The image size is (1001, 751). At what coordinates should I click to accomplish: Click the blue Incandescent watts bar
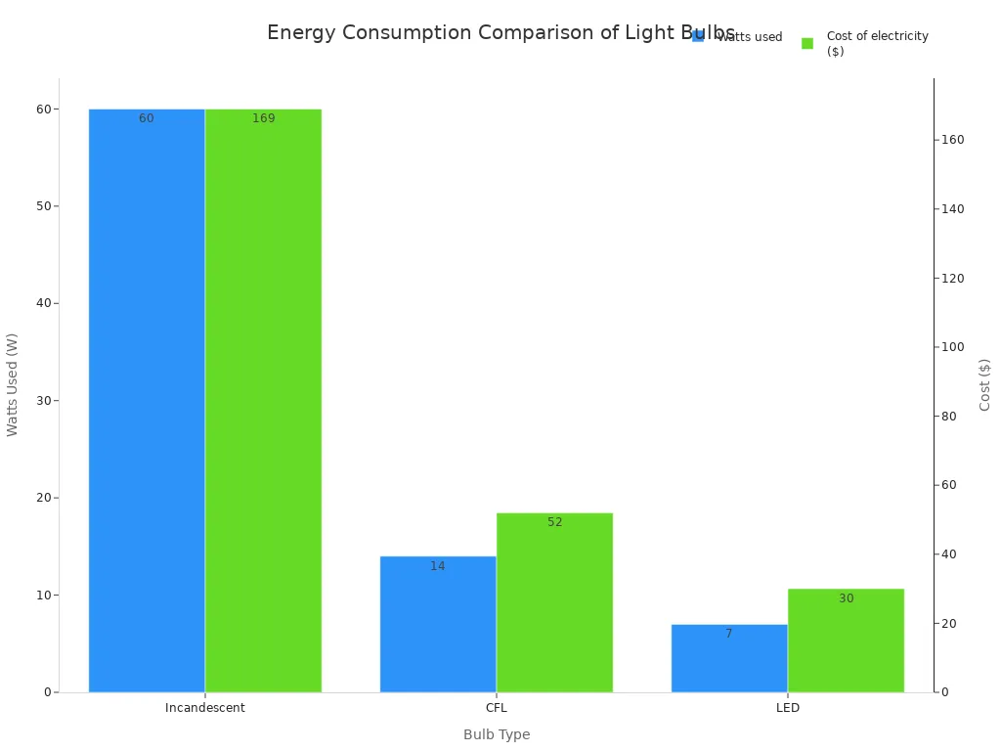point(147,401)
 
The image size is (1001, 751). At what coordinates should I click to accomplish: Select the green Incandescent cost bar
point(263,401)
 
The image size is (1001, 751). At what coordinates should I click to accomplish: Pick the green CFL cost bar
point(554,602)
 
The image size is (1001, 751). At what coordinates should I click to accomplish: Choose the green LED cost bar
point(846,641)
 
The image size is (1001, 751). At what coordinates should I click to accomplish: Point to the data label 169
point(263,118)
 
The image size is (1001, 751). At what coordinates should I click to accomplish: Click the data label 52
point(554,522)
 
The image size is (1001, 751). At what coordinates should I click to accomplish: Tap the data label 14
point(437,566)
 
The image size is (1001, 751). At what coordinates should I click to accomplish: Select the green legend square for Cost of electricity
point(807,43)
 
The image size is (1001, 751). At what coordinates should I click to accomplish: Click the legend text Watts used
point(751,37)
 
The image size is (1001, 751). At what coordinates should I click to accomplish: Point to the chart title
point(500,32)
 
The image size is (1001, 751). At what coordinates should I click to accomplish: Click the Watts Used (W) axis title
point(13,384)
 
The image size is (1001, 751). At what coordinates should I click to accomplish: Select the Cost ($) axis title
point(984,384)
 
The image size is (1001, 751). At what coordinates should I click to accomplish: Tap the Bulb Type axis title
point(497,734)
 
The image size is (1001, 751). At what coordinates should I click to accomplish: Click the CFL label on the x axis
point(497,708)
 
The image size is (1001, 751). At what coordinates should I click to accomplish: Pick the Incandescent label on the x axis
point(205,708)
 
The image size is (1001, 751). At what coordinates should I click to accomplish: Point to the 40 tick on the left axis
point(43,303)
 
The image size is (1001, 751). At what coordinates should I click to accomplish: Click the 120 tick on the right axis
point(952,278)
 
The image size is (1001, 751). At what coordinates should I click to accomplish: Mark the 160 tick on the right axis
point(952,140)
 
